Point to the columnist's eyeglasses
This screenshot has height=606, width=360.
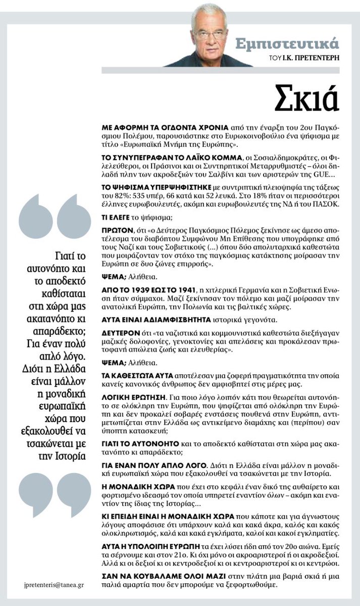click(x=212, y=35)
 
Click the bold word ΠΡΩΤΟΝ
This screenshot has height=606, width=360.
click(x=115, y=228)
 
